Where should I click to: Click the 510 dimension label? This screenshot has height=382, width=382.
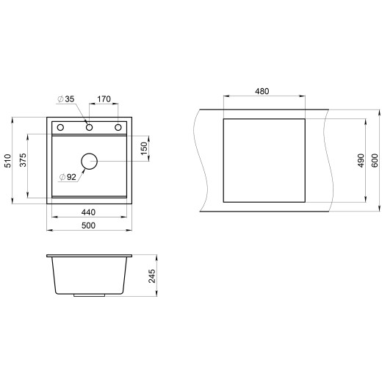[x=8, y=161]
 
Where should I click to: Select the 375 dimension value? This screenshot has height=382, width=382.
[x=23, y=160]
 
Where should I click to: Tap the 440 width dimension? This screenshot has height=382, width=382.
[x=88, y=212]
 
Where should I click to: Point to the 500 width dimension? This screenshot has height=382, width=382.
[x=88, y=226]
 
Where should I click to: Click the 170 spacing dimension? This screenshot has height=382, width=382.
[x=104, y=99]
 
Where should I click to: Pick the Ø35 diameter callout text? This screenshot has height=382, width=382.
[x=65, y=99]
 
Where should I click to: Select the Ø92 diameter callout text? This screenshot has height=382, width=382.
[x=68, y=177]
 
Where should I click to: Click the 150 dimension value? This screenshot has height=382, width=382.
[x=144, y=148]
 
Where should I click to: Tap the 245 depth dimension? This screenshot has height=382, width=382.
[x=152, y=276]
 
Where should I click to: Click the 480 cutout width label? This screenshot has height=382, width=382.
[x=262, y=91]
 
